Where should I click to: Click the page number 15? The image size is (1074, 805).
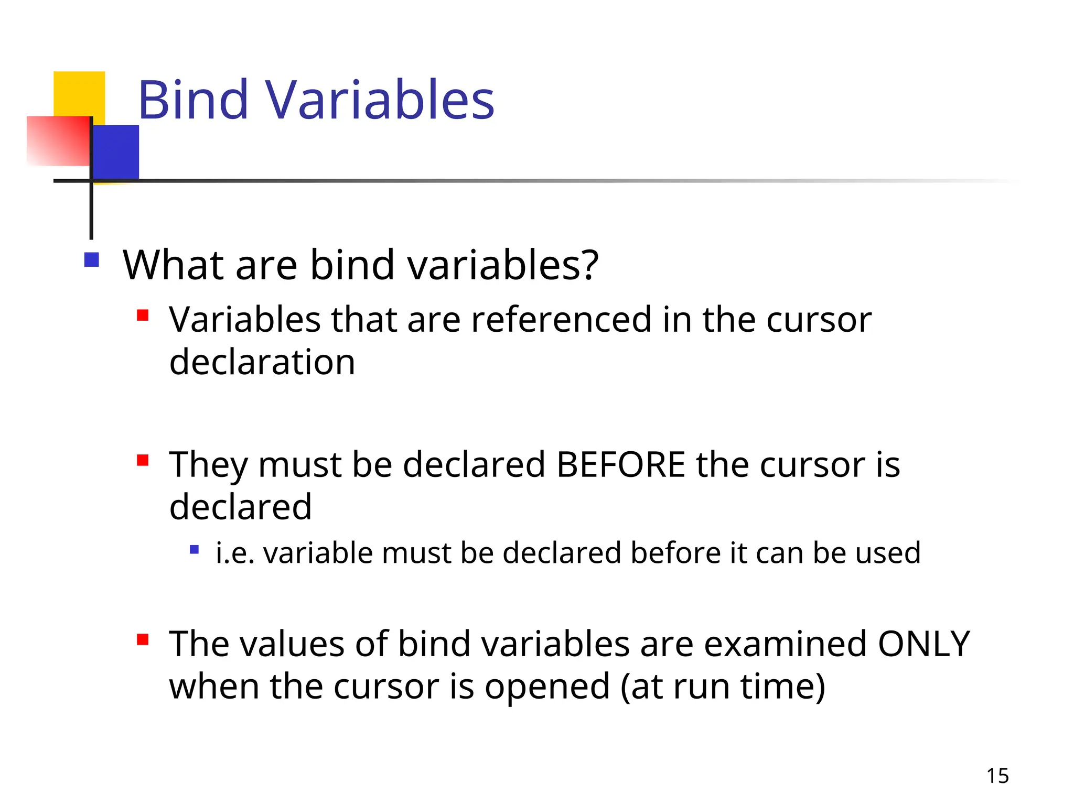(997, 776)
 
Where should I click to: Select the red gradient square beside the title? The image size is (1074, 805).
(58, 140)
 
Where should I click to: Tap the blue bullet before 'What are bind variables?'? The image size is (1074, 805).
(92, 260)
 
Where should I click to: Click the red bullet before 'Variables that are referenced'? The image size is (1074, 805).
(143, 315)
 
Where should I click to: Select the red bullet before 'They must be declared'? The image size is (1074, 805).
(143, 460)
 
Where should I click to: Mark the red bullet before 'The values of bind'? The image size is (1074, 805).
(143, 639)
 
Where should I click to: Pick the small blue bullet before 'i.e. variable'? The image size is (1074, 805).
(194, 550)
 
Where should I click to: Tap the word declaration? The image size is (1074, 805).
(262, 362)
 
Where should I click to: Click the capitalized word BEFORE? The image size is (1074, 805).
(620, 464)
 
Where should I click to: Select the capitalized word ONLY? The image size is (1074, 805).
(923, 644)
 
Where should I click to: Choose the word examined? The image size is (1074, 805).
(785, 644)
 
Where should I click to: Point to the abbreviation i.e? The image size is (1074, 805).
(235, 553)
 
